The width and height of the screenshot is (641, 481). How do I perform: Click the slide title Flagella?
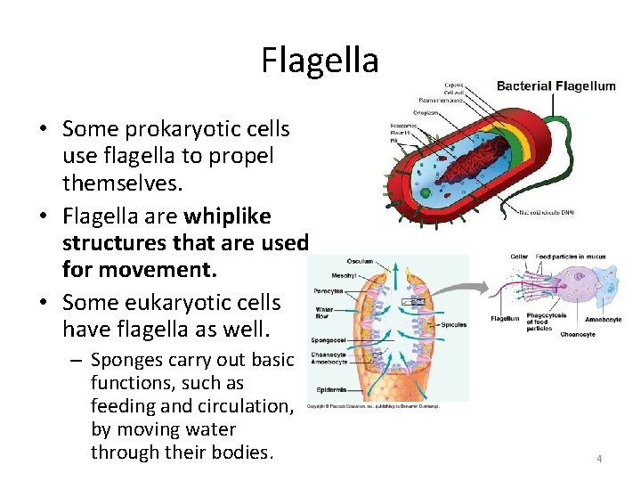pyautogui.click(x=320, y=61)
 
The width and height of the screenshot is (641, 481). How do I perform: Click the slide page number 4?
pyautogui.click(x=599, y=459)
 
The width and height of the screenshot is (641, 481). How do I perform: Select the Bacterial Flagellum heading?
pyautogui.click(x=556, y=86)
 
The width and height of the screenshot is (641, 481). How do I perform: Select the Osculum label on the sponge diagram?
pyautogui.click(x=360, y=262)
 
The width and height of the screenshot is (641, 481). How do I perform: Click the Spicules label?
pyautogui.click(x=453, y=325)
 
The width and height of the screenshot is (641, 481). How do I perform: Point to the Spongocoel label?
pyautogui.click(x=328, y=339)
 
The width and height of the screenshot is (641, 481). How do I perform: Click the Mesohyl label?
pyautogui.click(x=345, y=275)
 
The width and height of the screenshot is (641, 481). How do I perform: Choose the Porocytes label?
pyautogui.click(x=329, y=291)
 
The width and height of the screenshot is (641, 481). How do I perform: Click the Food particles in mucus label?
pyautogui.click(x=571, y=257)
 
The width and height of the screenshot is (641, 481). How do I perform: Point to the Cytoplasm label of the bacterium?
pyautogui.click(x=425, y=113)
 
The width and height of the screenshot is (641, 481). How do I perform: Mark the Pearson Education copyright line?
pyautogui.click(x=374, y=406)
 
